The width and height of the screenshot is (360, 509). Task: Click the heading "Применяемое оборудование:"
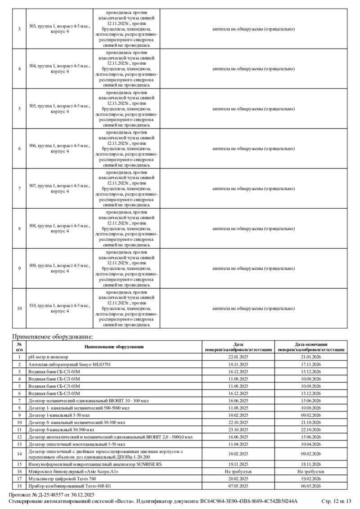53,336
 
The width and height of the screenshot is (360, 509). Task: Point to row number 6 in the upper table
19,148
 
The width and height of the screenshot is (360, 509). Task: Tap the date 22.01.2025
238,357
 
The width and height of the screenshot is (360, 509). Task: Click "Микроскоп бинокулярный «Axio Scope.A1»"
73,471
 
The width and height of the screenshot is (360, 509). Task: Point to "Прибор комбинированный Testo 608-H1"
69,486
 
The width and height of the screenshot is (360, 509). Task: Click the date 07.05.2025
238,486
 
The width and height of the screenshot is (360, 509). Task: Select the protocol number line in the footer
52,495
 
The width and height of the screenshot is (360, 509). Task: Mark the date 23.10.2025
238,429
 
